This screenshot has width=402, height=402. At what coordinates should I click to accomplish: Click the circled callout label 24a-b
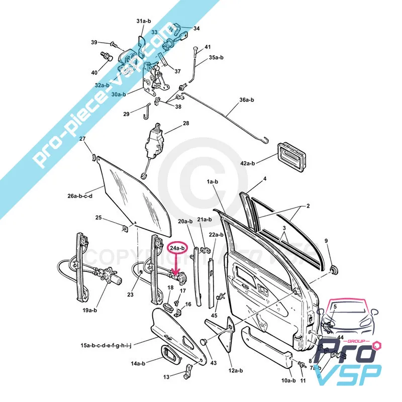177,248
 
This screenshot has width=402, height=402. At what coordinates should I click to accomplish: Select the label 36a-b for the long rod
246,100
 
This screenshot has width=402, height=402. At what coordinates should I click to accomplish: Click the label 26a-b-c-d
79,195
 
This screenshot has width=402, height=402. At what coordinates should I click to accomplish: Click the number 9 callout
326,241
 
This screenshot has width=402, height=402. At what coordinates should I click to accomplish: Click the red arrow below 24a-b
176,264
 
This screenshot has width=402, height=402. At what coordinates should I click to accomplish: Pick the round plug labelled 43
204,342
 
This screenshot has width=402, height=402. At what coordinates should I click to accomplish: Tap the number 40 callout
94,73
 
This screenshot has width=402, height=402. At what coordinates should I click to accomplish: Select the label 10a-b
288,380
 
